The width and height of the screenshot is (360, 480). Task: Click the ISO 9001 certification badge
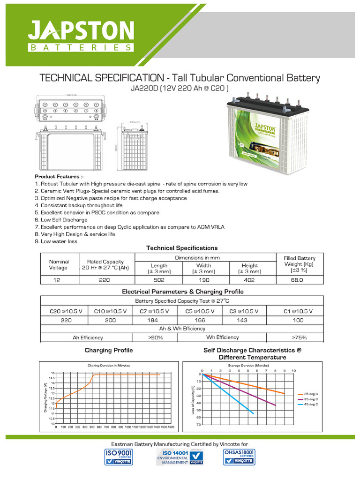[x=119, y=457]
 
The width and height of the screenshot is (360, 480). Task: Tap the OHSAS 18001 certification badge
[x=240, y=457]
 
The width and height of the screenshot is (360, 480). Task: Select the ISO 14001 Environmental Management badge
[x=180, y=457]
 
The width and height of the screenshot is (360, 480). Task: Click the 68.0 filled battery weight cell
[x=300, y=280]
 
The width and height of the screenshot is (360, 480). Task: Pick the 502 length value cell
[x=159, y=280]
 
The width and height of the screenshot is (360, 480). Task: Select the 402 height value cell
[x=250, y=280]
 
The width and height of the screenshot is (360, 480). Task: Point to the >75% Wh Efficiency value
[x=300, y=337]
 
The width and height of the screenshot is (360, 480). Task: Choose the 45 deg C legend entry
[x=311, y=404]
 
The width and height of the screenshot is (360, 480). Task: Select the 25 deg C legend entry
[x=311, y=394]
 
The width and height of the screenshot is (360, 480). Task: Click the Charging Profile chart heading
[x=109, y=350]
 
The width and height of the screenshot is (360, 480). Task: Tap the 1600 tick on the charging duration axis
[x=171, y=427]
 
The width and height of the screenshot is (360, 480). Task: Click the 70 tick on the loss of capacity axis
[x=199, y=425]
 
